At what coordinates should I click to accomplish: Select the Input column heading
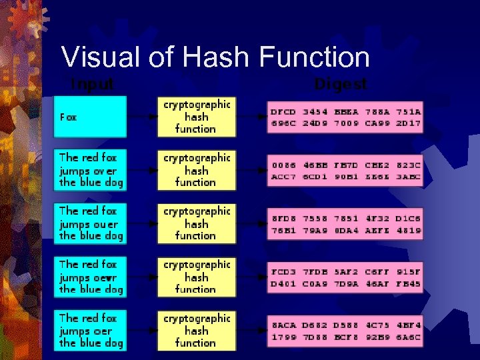92,85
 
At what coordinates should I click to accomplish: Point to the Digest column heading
341,85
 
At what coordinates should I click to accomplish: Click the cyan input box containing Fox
90,117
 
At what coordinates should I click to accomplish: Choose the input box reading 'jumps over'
90,170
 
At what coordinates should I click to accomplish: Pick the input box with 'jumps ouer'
90,223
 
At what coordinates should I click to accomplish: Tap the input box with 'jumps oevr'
90,277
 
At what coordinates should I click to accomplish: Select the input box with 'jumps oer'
90,331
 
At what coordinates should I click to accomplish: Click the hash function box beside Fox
196,117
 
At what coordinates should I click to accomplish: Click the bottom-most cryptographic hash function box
196,331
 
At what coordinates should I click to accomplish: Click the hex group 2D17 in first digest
408,123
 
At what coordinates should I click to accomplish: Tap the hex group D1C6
408,219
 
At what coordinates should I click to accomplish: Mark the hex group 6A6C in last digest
408,337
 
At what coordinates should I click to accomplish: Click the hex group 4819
408,230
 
